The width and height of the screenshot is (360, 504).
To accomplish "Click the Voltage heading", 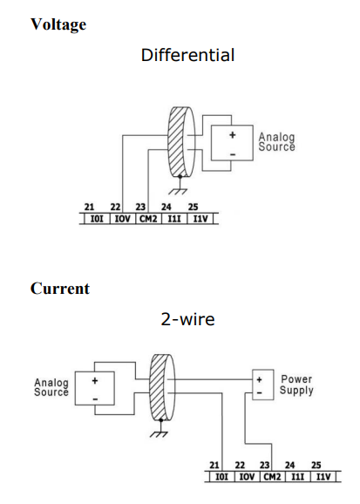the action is click(58, 24).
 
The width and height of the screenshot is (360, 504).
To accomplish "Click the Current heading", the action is click(60, 289).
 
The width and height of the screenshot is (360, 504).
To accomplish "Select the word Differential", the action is click(187, 55).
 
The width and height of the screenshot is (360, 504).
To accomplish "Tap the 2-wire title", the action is click(187, 319).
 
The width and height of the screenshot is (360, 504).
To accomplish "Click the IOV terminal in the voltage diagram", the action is click(122, 219).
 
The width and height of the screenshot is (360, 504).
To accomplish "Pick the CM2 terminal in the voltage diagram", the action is click(148, 219).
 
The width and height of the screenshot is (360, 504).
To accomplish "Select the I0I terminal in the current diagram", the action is click(221, 477).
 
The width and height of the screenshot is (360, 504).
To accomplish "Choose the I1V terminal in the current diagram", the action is click(323, 477).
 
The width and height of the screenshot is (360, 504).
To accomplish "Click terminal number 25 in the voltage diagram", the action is click(193, 207).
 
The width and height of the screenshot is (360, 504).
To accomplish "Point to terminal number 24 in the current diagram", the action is click(289, 465).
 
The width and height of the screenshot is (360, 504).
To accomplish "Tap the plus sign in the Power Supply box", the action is click(260, 380).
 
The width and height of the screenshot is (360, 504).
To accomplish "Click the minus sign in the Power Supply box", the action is click(260, 392).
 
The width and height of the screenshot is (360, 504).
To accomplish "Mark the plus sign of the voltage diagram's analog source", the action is click(233, 135).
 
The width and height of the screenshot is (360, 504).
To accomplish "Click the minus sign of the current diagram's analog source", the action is click(95, 399).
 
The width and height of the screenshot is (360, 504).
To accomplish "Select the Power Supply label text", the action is click(296, 385).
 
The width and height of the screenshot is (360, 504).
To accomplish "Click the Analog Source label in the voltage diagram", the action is click(276, 142).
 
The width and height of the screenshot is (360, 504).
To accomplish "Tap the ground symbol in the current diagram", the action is click(160, 430).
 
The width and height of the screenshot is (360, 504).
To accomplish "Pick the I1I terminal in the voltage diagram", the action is click(174, 219).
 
